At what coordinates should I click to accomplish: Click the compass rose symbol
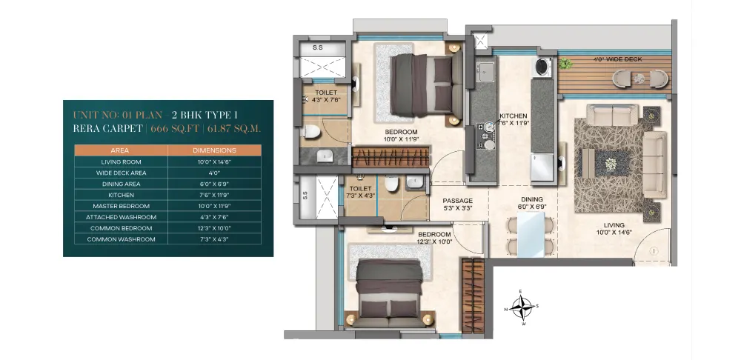click(x=521, y=307)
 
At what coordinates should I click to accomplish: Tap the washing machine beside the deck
click(x=543, y=67)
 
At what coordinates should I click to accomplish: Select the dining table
click(x=531, y=235)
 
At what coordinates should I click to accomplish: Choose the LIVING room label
click(x=614, y=225)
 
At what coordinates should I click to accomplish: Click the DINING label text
click(x=532, y=199)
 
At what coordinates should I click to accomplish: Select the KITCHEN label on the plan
click(x=514, y=116)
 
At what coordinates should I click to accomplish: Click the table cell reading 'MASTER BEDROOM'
click(x=121, y=206)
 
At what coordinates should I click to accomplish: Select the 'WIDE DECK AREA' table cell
click(x=121, y=173)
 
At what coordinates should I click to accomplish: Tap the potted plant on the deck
click(x=564, y=63)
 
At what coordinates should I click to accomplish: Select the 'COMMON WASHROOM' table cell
click(x=121, y=239)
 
